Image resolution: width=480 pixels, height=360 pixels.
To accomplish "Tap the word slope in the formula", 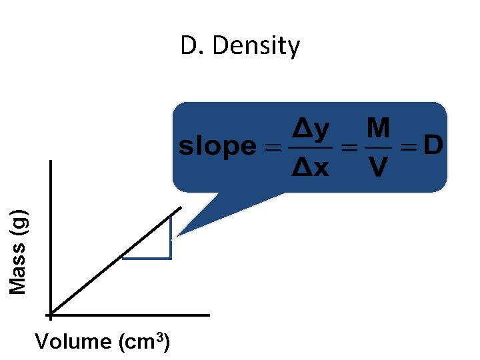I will tap(217, 147).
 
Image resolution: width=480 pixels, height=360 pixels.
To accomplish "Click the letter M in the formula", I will tap(379, 129).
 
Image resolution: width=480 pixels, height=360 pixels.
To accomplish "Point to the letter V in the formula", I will tap(378, 167).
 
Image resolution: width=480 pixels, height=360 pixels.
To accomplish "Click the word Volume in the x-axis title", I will tap(73, 342).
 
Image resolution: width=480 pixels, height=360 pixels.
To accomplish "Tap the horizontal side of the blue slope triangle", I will tap(147, 257).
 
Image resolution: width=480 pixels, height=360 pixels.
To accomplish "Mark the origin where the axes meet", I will tap(51, 313).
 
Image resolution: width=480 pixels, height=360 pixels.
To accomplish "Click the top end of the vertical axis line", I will tap(51, 161).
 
